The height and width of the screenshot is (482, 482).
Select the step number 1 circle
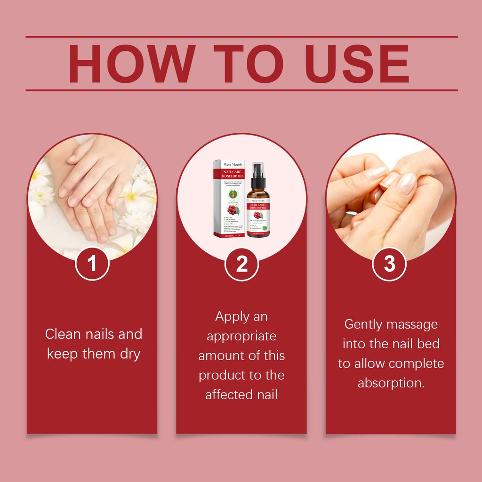point(92,264)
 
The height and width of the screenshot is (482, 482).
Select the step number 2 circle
point(241,264)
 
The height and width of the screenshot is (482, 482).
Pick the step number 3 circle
point(389,264)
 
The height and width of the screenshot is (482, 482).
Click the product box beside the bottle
point(229,198)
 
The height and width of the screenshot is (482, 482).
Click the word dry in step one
point(130,354)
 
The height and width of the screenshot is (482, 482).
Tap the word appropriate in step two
point(241,337)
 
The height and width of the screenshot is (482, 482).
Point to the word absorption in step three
point(391,383)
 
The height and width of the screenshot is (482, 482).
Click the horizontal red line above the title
point(241,36)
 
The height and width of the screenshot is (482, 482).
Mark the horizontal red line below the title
point(241,90)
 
